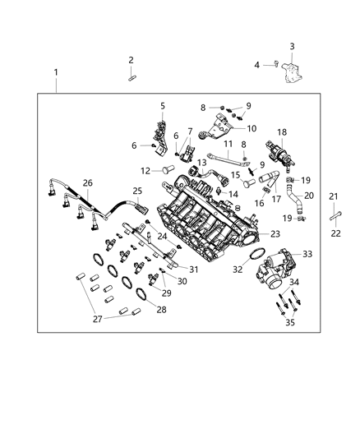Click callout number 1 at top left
(56, 73)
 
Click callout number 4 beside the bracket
(256, 65)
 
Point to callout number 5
(162, 105)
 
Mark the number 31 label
(194, 270)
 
